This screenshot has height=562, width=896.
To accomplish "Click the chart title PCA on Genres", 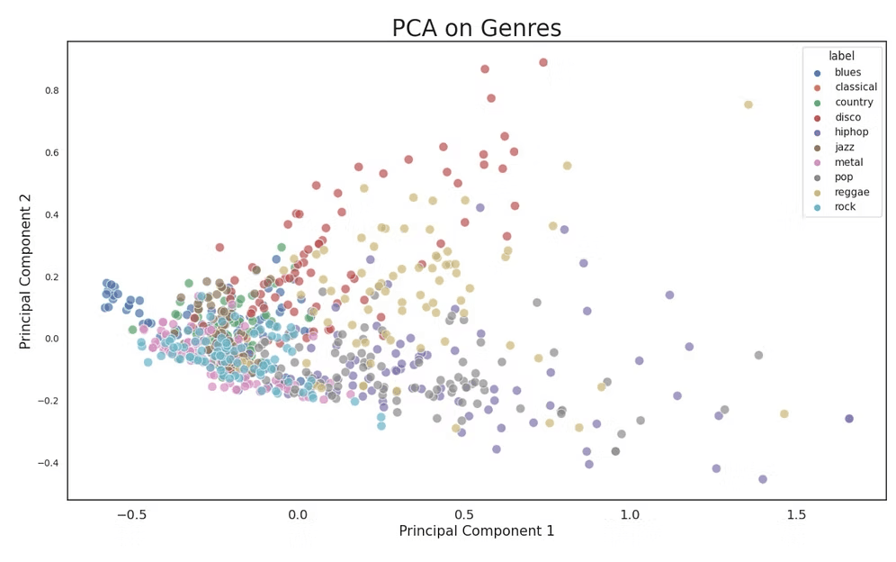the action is tap(477, 28).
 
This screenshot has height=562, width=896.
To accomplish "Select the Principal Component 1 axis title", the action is tap(477, 531).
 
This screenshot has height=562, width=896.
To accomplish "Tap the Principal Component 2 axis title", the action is tap(24, 271).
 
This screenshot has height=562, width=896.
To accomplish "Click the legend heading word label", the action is tap(842, 56).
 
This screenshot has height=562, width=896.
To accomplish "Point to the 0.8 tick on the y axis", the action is tap(52, 90).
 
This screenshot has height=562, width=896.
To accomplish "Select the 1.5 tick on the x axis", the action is tap(796, 514).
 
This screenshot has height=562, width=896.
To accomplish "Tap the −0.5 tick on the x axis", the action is tap(132, 514).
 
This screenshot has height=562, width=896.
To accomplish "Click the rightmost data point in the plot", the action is tap(849, 419).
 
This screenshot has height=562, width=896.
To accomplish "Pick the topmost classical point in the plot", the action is tap(543, 62).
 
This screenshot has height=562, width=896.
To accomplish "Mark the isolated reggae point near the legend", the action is tap(748, 104).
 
